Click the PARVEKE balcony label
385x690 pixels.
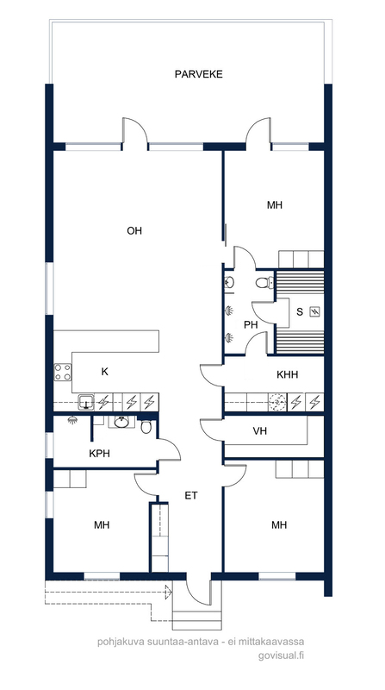point(199,74)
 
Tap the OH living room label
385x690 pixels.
point(134,231)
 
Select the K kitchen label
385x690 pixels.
point(104,372)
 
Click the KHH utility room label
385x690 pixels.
point(288,375)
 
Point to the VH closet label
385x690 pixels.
point(260,431)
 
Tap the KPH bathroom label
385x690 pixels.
point(99,454)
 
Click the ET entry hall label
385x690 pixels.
point(191,496)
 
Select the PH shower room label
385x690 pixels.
point(251,325)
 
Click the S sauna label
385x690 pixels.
point(300,312)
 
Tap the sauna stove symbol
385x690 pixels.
point(314,312)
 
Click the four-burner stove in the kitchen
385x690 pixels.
point(62,372)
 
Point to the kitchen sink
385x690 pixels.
point(87,402)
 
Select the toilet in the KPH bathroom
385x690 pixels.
point(146,426)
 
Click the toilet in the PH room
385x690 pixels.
point(264,283)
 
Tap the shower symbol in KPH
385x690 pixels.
point(71,421)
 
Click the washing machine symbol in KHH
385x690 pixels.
point(277,401)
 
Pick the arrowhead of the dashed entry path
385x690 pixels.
point(168,592)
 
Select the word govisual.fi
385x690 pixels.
point(282,655)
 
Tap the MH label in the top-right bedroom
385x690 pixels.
point(275,205)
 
